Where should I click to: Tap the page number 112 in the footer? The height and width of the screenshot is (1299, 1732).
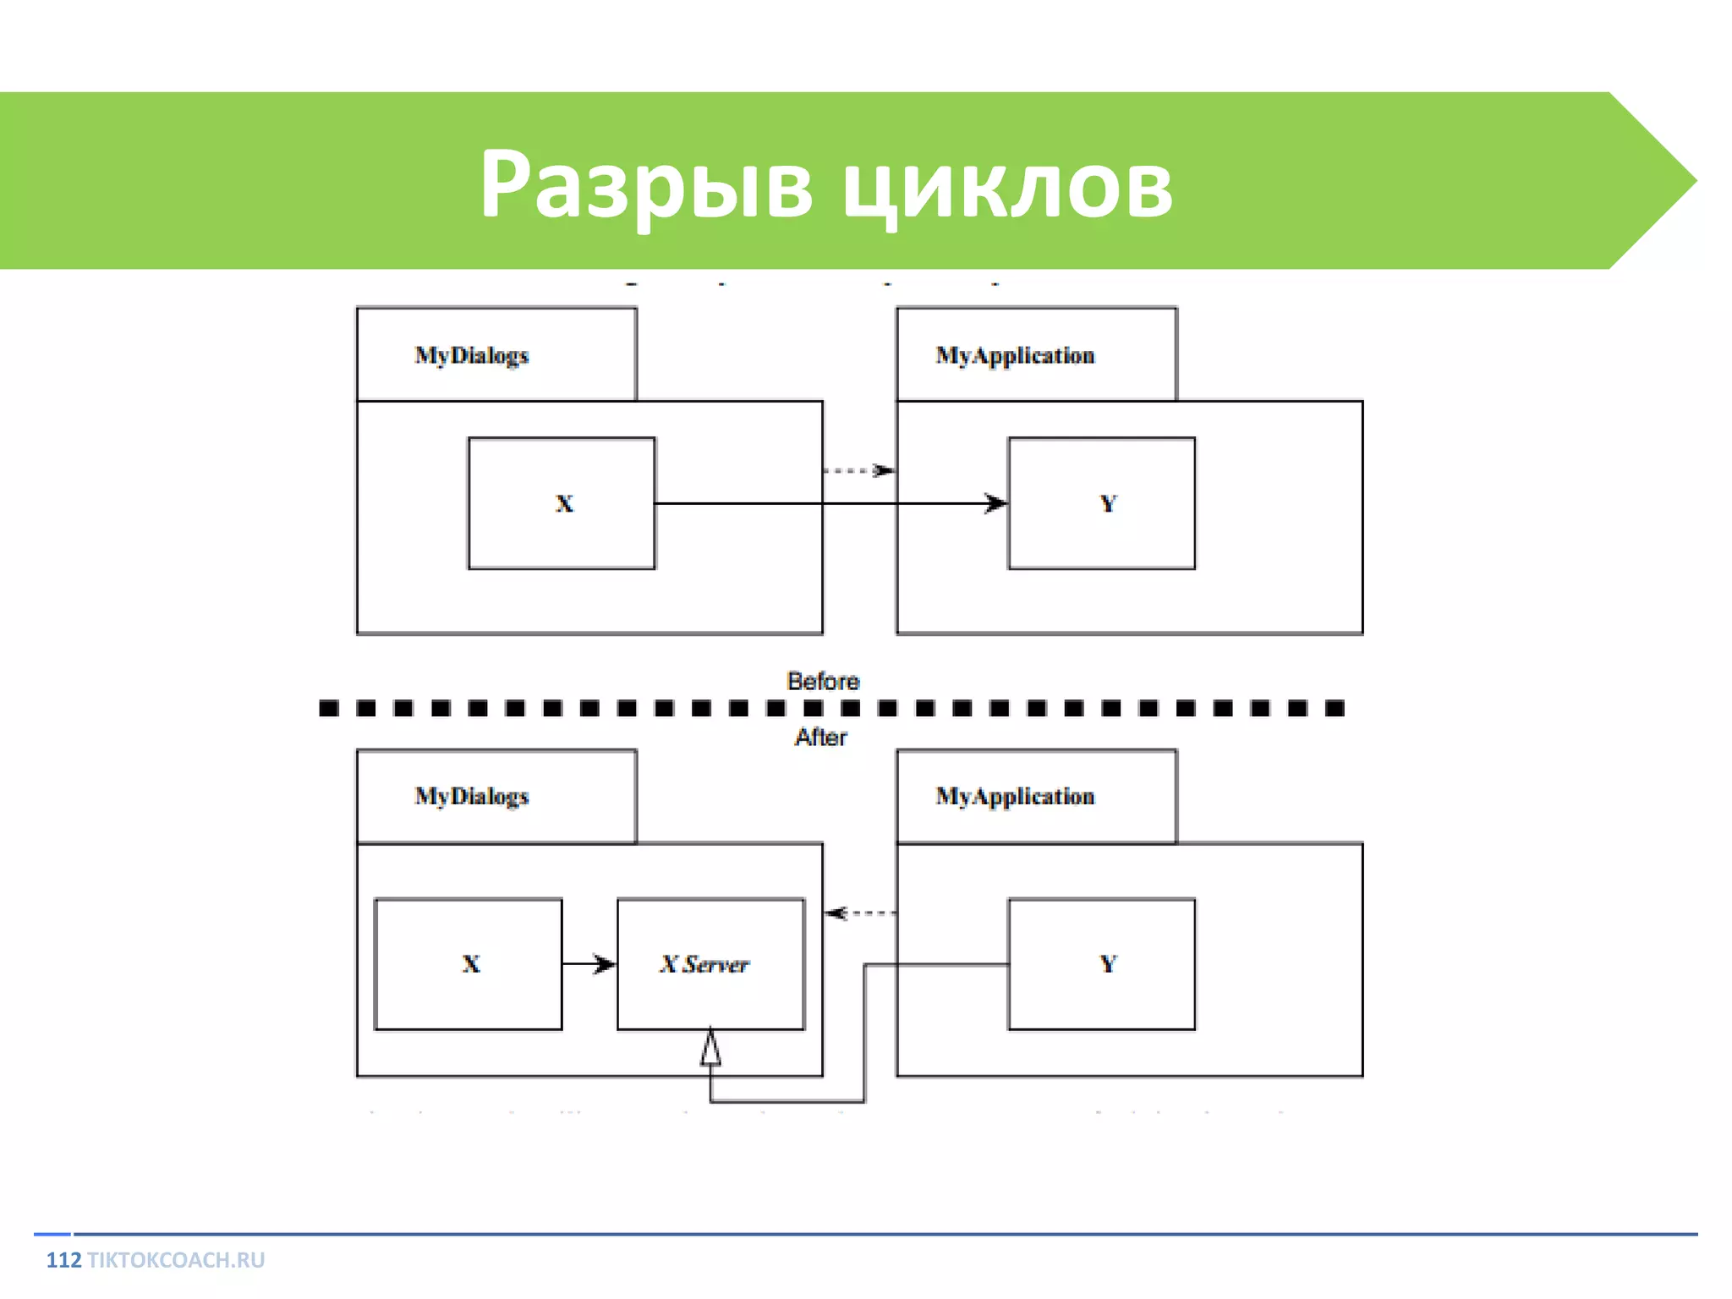63,1260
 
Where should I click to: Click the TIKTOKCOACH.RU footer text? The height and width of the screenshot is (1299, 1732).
176,1260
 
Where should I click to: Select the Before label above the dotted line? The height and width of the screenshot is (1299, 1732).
822,681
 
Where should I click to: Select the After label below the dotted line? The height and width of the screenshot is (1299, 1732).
820,737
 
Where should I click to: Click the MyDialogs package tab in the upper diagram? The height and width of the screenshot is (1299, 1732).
496,354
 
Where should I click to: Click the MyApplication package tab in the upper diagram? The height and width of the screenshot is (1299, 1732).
1036,354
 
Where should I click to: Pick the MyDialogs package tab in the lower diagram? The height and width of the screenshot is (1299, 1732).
496,796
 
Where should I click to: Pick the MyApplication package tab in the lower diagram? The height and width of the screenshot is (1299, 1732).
1036,796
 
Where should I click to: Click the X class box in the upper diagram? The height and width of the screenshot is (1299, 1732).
562,503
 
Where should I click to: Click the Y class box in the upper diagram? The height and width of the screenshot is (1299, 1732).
1101,503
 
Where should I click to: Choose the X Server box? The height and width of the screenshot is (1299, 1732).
710,963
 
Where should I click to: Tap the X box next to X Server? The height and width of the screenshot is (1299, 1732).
468,963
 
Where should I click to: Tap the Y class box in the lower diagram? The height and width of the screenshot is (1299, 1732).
1101,963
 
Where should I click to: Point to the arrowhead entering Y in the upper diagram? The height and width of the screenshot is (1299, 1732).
995,504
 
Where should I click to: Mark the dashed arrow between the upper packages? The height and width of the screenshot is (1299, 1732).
858,470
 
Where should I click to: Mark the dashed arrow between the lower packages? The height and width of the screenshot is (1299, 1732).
860,913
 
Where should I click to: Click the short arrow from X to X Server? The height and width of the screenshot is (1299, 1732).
589,964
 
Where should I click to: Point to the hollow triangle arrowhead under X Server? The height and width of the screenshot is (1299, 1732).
710,1048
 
